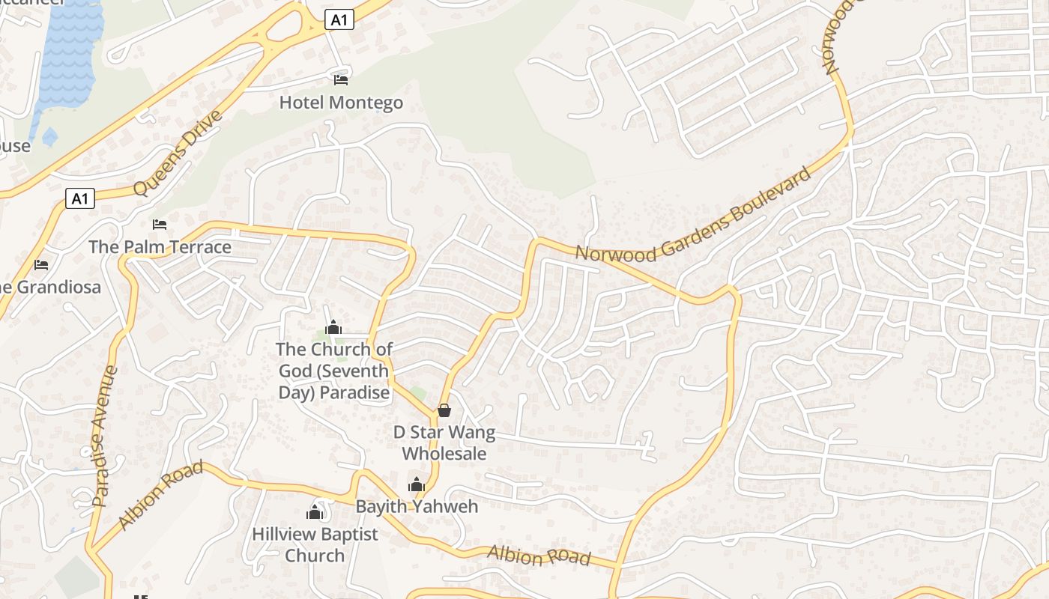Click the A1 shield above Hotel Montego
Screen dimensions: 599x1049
tap(339, 19)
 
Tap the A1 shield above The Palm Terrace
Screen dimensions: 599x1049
tap(80, 198)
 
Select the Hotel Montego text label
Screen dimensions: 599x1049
tap(341, 103)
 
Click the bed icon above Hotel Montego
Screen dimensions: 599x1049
tap(341, 79)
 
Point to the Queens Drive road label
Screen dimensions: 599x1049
tap(178, 152)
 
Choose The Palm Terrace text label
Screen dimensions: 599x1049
tap(160, 247)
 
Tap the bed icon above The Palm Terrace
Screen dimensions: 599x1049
tap(160, 224)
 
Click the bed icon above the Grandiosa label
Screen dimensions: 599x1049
tap(41, 264)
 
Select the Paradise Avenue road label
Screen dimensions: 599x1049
tap(105, 436)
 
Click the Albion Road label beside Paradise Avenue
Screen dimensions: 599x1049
tap(160, 495)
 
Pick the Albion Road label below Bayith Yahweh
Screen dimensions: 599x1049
tap(539, 556)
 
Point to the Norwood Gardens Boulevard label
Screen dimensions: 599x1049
tap(694, 216)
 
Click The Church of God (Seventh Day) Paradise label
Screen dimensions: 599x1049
tap(334, 371)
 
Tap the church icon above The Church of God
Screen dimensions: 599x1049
tap(333, 327)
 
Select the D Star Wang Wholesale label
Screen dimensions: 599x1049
tap(444, 443)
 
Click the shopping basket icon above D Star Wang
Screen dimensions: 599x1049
tap(444, 410)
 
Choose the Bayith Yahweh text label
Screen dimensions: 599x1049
tap(417, 506)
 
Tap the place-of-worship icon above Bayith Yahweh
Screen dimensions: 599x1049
tap(417, 484)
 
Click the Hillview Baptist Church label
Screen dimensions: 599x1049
tap(315, 544)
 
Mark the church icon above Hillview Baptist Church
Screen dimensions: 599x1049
tap(315, 512)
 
